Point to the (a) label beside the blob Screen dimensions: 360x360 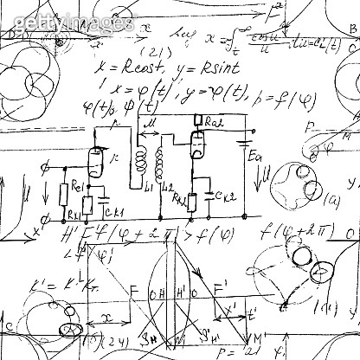[307, 200]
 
